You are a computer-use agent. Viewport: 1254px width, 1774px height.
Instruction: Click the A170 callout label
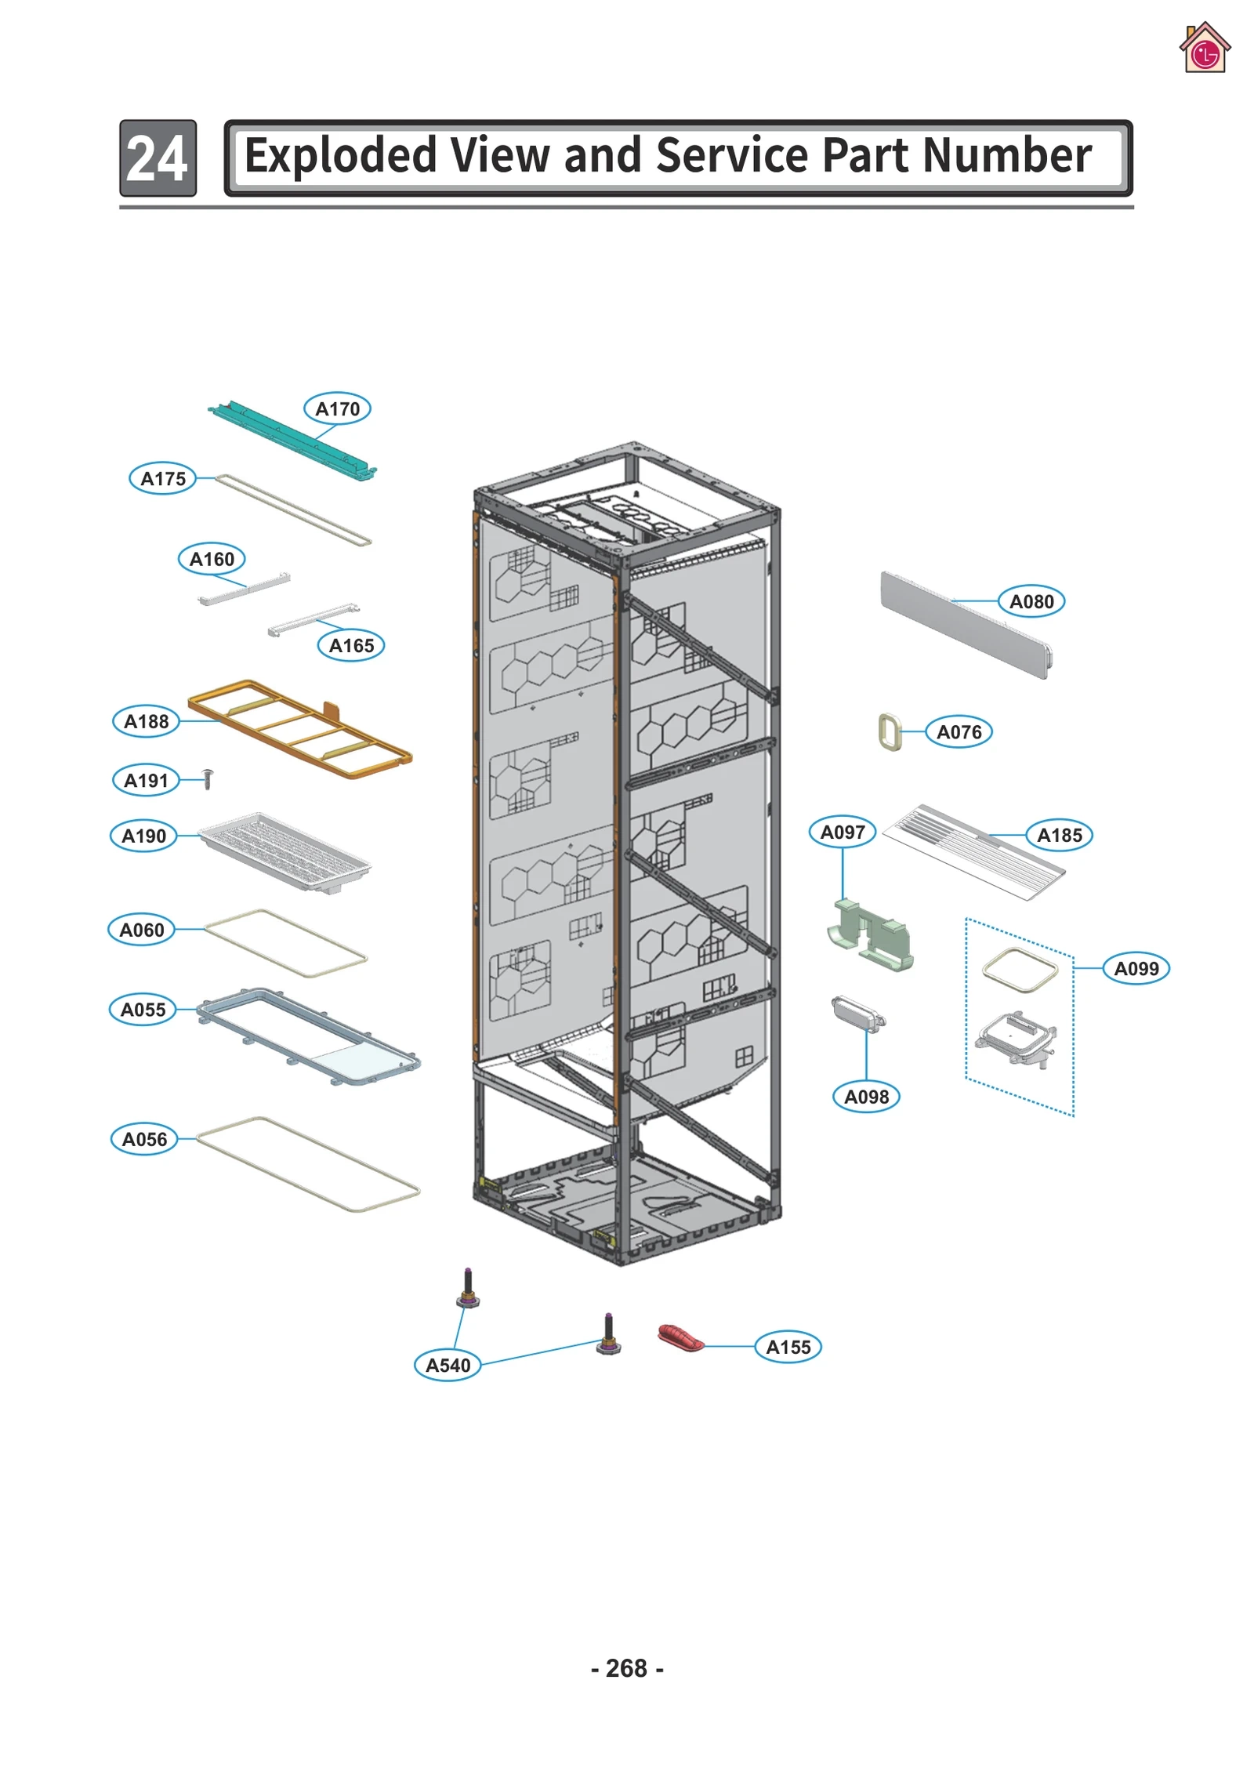[337, 408]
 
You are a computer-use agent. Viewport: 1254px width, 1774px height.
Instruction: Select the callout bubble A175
[162, 478]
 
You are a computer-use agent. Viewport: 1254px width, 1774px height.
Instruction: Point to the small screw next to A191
[208, 778]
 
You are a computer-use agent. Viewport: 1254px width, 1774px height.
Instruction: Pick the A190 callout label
[143, 836]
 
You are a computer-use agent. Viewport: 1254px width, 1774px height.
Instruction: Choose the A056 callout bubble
[144, 1139]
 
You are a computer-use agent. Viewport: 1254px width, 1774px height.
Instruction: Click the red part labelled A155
[680, 1338]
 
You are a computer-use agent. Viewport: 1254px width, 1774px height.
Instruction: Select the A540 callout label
[448, 1365]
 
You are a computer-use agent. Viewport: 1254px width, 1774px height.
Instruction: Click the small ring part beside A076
[890, 731]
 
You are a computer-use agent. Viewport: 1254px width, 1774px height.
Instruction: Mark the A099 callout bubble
[1136, 968]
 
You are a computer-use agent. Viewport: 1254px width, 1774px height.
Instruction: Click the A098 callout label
[866, 1097]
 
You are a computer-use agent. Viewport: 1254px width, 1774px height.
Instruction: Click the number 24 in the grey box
[158, 158]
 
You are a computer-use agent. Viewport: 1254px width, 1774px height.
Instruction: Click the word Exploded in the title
[339, 156]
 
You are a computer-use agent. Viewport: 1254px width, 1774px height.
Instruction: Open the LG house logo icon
[1204, 49]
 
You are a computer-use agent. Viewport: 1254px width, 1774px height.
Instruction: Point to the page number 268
[626, 1667]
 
